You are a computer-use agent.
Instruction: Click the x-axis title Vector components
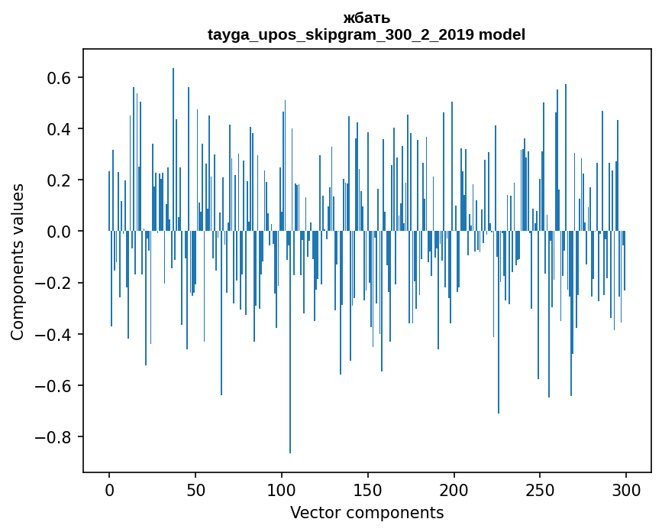(367, 512)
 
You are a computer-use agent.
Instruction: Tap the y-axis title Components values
(18, 261)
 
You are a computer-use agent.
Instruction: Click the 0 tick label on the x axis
(109, 490)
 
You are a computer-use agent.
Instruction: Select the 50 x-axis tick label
(195, 490)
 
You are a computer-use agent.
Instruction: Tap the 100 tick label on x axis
(282, 490)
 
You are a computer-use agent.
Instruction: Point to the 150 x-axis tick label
(368, 490)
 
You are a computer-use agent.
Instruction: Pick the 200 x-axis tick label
(454, 490)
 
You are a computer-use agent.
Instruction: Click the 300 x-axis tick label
(626, 490)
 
